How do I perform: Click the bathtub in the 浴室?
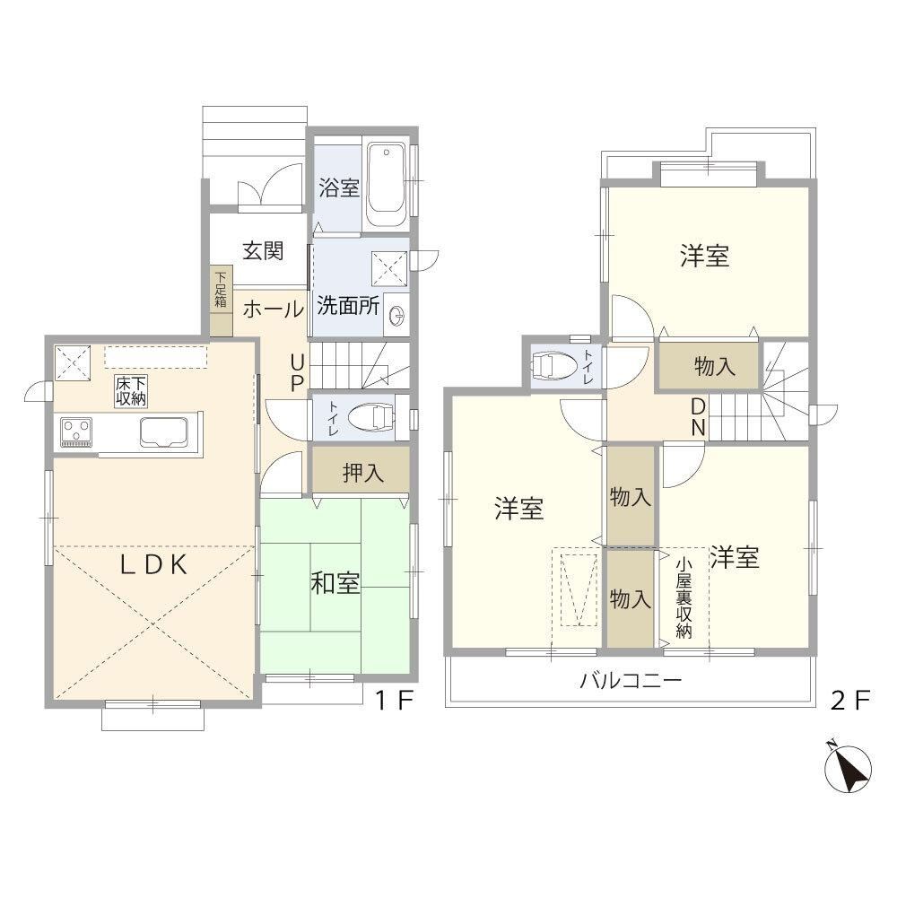point(387,185)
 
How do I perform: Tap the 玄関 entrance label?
point(263,251)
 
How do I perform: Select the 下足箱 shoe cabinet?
point(221,301)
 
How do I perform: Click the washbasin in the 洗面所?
point(397,314)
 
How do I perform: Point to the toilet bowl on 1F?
point(371,416)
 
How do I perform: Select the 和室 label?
point(335,583)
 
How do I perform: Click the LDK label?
point(153,565)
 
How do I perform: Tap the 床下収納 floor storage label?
point(131,391)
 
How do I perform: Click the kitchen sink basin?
point(164,432)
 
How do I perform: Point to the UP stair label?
point(297,373)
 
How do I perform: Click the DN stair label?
point(698,417)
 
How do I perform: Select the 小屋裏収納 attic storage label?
point(684,597)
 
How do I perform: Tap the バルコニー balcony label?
point(631,681)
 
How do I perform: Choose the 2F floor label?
point(850,700)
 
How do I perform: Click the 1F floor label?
point(394,700)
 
